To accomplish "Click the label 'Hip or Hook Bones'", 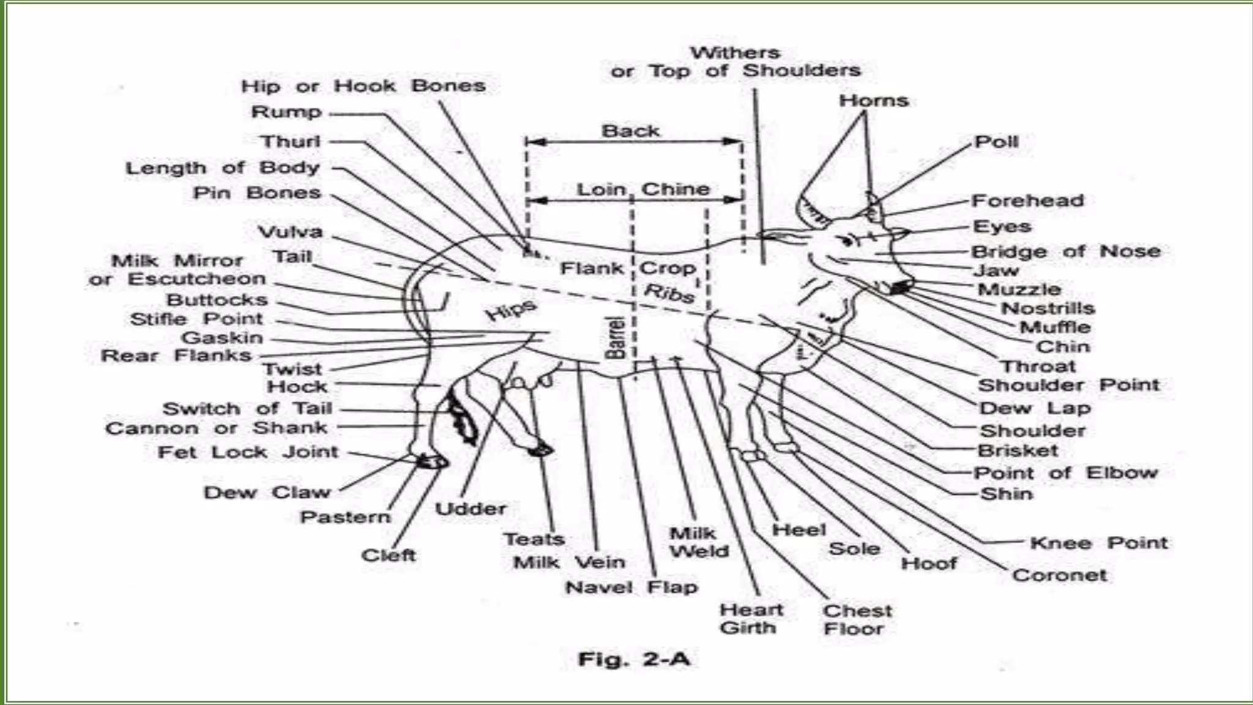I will click(363, 86).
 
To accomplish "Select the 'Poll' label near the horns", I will click(996, 142).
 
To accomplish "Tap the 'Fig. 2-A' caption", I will click(634, 659).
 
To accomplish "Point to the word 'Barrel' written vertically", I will click(615, 337).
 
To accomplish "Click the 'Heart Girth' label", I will click(751, 619).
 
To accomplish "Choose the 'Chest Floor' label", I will click(857, 619).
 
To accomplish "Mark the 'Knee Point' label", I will click(1098, 543).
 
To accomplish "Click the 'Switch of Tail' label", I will click(247, 409).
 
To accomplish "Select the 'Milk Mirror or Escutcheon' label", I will click(177, 270).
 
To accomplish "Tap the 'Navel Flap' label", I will click(631, 587).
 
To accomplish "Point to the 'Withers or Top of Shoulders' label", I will click(735, 62).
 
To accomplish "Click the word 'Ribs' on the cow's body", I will click(669, 293).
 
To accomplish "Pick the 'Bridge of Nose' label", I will click(1065, 252).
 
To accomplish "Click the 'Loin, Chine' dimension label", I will click(642, 189).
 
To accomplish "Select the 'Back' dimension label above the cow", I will click(630, 131).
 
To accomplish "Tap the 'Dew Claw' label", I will click(267, 493).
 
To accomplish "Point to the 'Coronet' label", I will click(1059, 575).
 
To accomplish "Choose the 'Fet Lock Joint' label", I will click(248, 452).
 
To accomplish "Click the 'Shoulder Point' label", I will click(1068, 386).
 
